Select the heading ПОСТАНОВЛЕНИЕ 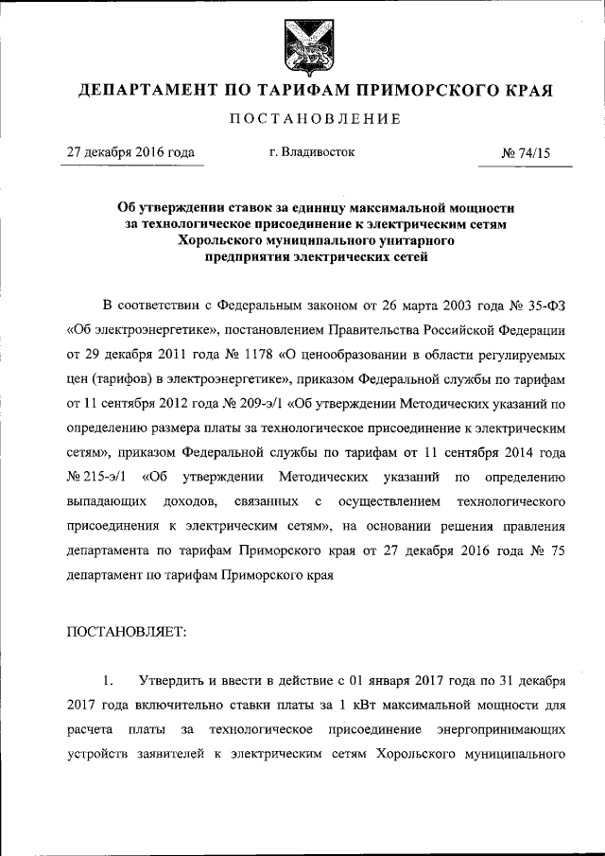pos(302,119)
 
